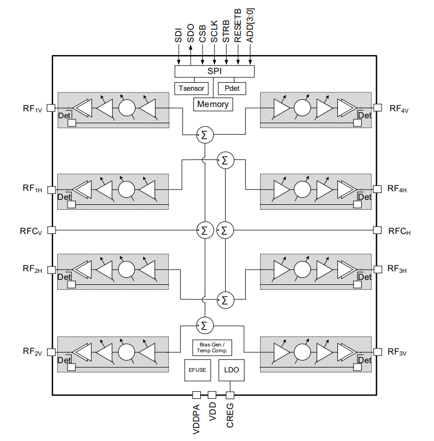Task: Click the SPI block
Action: point(214,71)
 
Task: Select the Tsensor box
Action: point(191,88)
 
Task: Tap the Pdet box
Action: point(232,88)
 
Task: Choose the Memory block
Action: point(213,104)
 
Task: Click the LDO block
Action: point(232,371)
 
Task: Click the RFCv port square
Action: point(52,230)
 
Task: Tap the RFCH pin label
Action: point(399,231)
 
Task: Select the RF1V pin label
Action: point(32,108)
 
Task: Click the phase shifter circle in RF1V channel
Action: point(126,108)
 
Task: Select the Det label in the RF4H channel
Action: point(365,197)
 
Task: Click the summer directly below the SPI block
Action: point(204,135)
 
